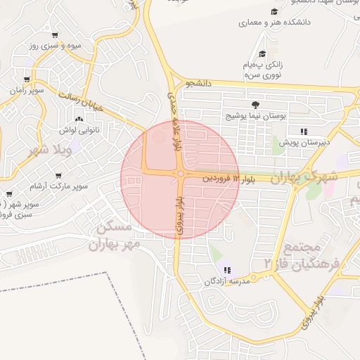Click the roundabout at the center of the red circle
(181, 174)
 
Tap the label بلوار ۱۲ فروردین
(226, 179)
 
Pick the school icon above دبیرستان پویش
(304, 131)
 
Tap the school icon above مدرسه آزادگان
(226, 270)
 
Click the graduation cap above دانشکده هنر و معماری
(274, 12)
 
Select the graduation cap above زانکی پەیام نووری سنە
(262, 54)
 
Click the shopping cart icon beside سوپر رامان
(27, 79)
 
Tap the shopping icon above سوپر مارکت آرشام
(58, 175)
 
